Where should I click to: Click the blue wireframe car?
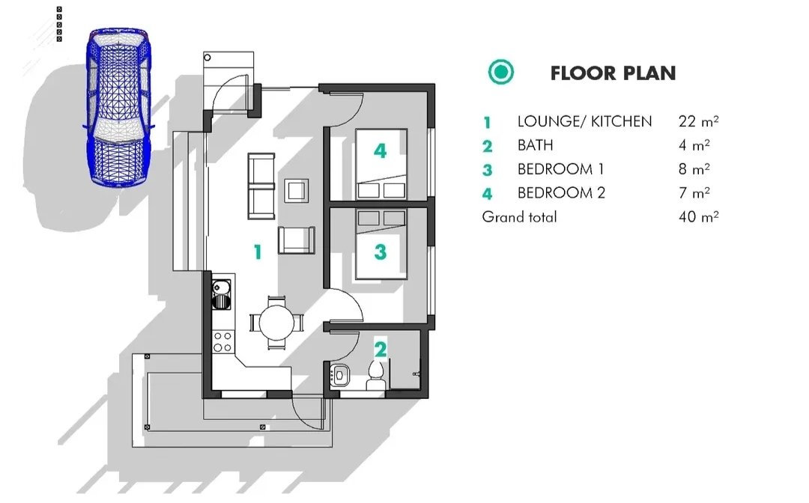click(118, 107)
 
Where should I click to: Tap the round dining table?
click(276, 322)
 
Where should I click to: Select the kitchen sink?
click(221, 294)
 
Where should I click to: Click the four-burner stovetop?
click(222, 341)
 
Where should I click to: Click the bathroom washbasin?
click(339, 376)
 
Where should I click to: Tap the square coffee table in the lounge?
click(296, 191)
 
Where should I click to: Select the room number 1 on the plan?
click(258, 251)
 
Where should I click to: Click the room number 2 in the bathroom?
click(381, 349)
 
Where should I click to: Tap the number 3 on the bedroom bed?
click(381, 251)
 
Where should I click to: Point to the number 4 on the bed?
click(381, 150)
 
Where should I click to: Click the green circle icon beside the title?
click(501, 72)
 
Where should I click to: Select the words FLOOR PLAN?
click(613, 73)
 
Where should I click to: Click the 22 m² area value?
click(699, 121)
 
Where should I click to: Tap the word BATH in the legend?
click(535, 145)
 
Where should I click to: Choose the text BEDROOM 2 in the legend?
click(561, 193)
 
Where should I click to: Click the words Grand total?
click(520, 216)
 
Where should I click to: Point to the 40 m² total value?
click(699, 216)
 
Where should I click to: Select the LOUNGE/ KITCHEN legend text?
click(584, 121)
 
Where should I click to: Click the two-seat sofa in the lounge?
click(261, 186)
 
